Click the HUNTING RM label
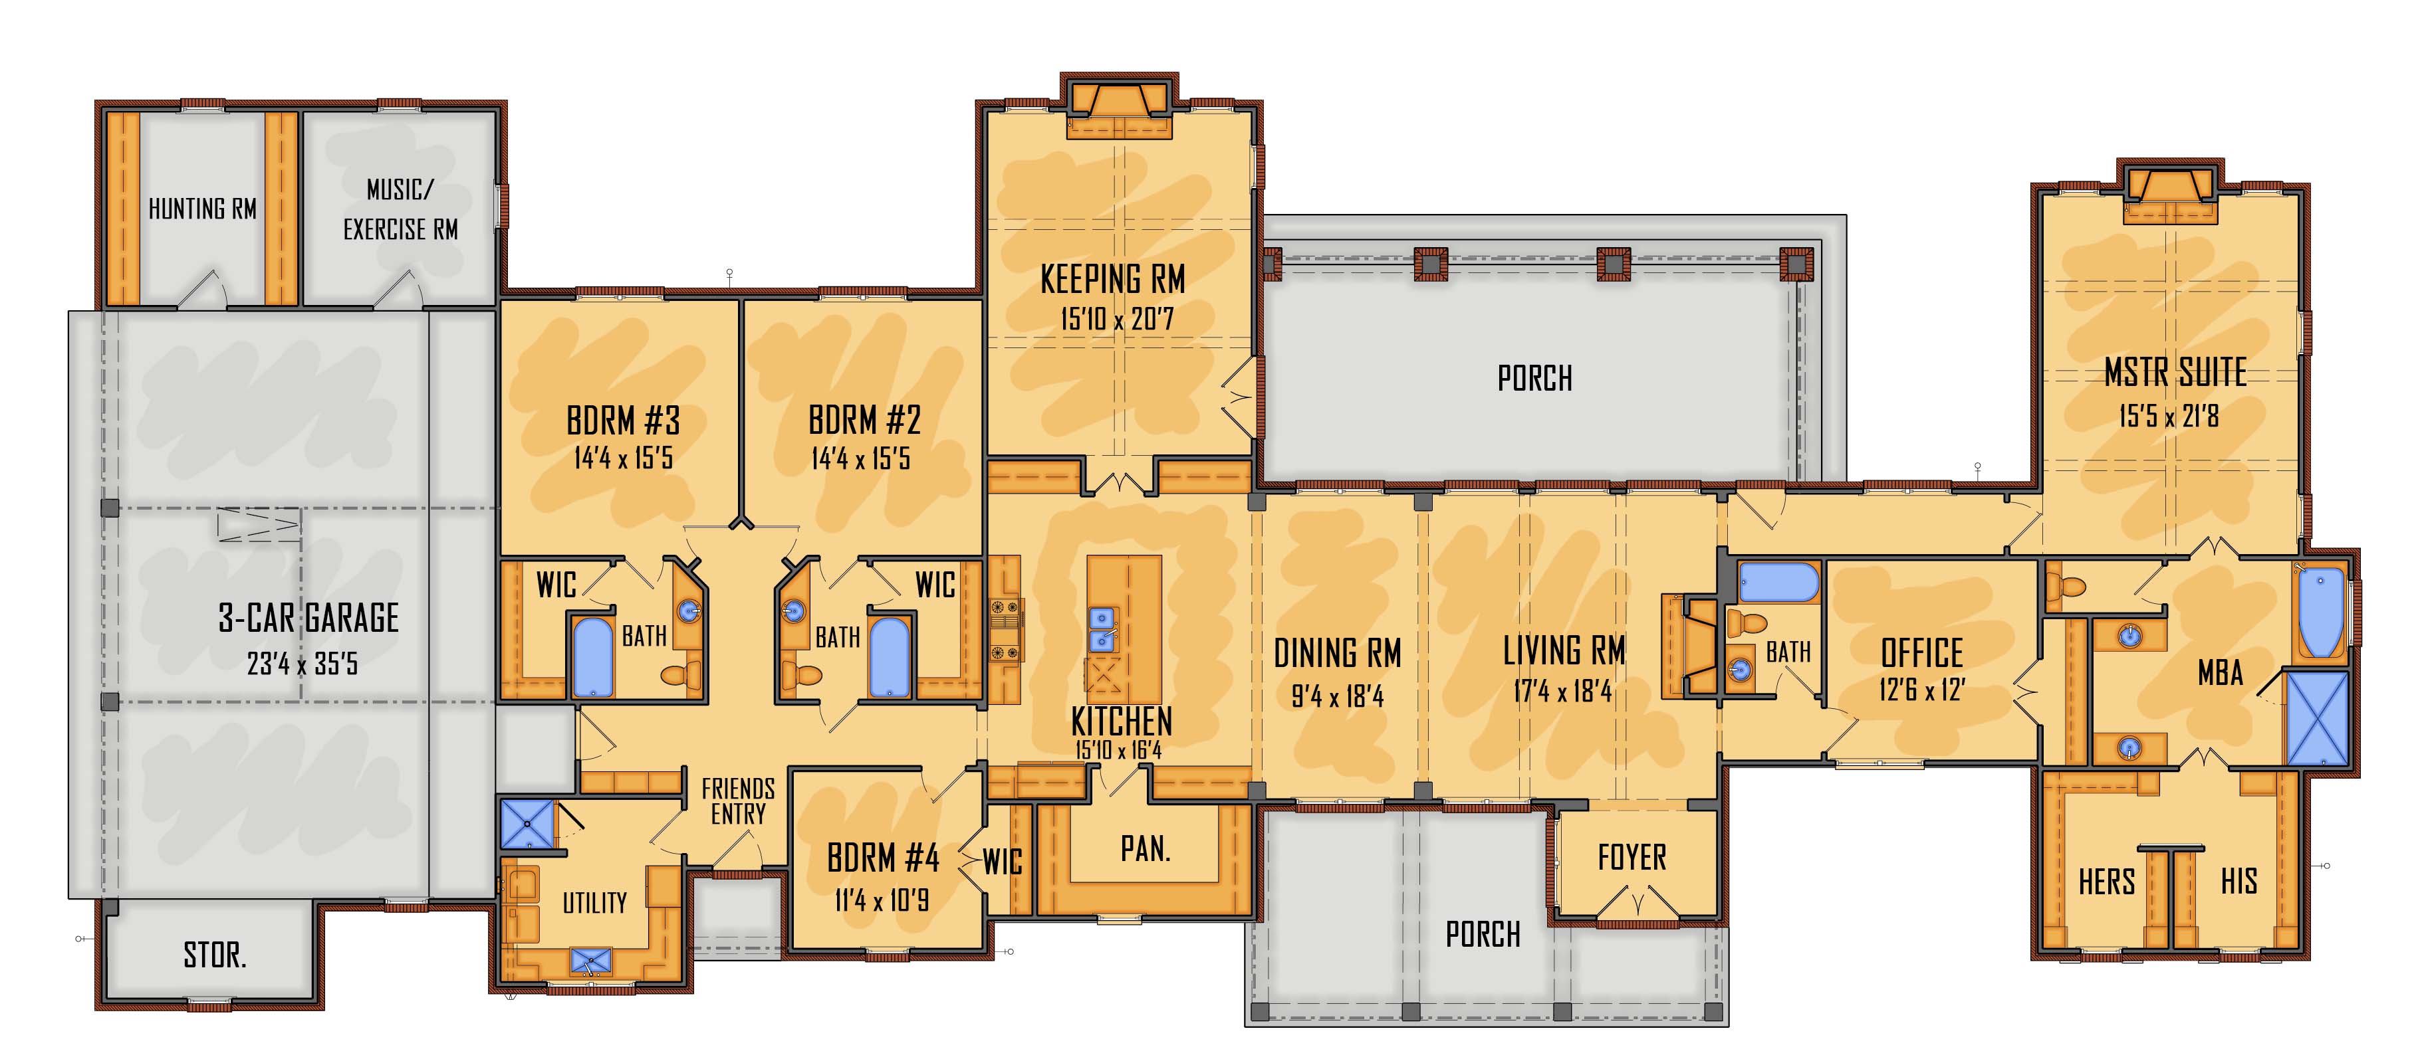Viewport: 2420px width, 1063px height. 202,209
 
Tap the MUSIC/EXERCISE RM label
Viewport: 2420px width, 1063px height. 400,209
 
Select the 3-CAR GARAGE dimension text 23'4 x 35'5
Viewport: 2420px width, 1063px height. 302,664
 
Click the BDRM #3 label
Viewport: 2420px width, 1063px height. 623,421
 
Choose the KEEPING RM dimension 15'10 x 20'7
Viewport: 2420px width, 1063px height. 1117,320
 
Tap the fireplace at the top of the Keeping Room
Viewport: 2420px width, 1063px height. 1119,111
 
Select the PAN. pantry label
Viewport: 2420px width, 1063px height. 1145,849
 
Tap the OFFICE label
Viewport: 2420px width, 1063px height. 1921,652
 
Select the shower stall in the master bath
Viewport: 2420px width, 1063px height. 2317,718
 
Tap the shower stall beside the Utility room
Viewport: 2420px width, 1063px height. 528,824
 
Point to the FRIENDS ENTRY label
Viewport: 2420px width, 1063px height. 739,801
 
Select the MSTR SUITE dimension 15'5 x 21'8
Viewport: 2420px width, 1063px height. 2168,415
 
